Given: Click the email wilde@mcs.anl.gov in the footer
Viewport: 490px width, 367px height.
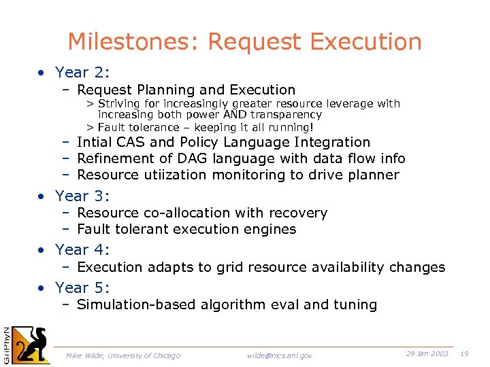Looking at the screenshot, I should coord(279,355).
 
